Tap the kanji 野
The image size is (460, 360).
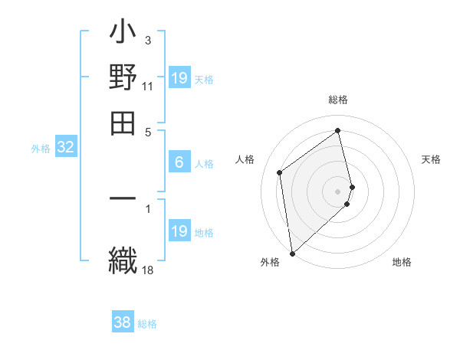(123, 79)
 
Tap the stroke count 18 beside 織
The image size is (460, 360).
(148, 269)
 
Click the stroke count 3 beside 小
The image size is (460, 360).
(148, 40)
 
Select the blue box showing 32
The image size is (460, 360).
(65, 148)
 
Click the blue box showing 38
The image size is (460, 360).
(123, 322)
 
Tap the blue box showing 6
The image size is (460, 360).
(179, 162)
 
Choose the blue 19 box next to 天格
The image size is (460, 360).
(179, 78)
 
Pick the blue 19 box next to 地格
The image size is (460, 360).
(179, 231)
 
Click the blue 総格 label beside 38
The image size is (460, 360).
(147, 324)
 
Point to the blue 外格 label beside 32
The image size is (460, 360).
(41, 149)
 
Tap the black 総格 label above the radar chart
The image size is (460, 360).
(338, 100)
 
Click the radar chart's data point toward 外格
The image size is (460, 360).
(292, 254)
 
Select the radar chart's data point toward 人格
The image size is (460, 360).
(280, 172)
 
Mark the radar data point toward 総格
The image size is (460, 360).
(338, 130)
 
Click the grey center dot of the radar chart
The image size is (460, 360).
(338, 191)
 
